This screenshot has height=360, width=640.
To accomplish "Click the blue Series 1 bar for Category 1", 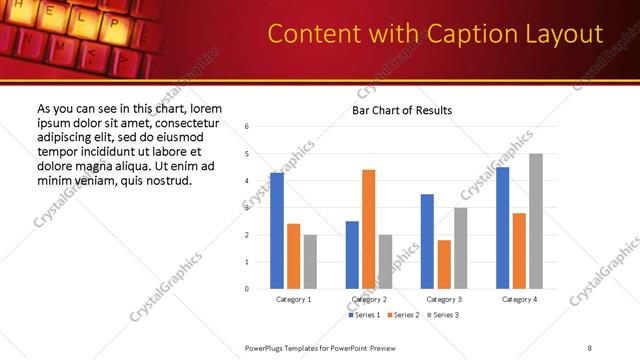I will pos(277,231).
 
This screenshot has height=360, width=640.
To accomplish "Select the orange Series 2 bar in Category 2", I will pos(368,229).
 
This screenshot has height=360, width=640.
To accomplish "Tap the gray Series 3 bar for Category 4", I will pos(536,221).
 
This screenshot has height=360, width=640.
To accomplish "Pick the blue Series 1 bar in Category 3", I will pos(427,241).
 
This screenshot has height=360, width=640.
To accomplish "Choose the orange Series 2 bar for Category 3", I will pos(444,264).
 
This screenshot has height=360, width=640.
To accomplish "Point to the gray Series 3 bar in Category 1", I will pos(310,262).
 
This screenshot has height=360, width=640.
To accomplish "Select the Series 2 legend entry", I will pos(403,315).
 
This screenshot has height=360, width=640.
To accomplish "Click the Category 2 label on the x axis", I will pos(369,300).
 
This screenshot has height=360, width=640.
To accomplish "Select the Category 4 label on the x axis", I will pos(519,300).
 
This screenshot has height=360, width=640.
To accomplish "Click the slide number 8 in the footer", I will pos(589,348).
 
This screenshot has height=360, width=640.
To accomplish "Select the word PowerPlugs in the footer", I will pos(265,348).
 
